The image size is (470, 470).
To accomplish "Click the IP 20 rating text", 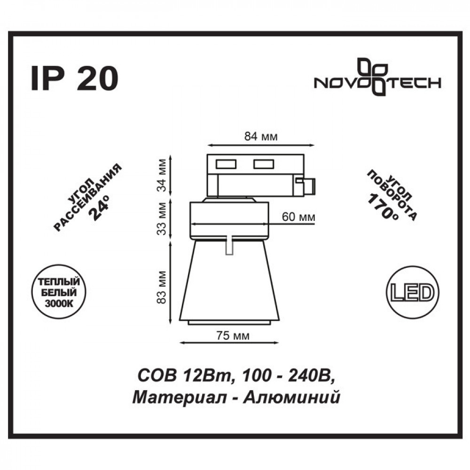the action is [75, 78].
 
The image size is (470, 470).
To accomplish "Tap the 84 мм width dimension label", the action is [261, 136].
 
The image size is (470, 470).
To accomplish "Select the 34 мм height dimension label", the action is [162, 175].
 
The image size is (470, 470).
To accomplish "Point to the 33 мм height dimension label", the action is [162, 219].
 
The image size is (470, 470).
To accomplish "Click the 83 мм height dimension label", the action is [162, 288].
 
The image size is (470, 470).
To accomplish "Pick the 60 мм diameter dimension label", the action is [298, 216].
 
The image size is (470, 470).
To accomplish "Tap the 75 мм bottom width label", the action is [233, 336].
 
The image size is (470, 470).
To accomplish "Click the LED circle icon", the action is [413, 292].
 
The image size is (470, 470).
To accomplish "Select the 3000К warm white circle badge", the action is [59, 292].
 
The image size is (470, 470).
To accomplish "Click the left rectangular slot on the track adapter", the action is [226, 164].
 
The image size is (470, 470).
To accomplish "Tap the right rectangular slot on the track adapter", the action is [264, 164].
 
